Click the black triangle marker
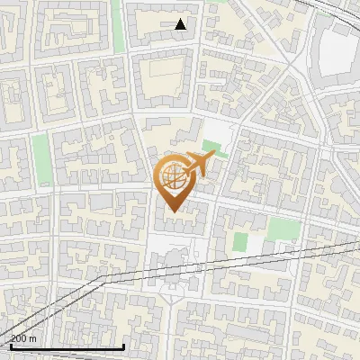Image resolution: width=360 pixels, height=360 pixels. pyautogui.click(x=181, y=24)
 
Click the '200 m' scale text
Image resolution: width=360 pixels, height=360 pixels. pyautogui.click(x=23, y=339)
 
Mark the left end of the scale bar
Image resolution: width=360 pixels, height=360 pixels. pyautogui.click(x=10, y=346)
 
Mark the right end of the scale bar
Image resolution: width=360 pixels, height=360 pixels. pyautogui.click(x=123, y=346)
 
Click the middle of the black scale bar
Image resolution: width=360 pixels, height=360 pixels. pyautogui.click(x=67, y=346)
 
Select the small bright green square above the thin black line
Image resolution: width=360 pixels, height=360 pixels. pyautogui.click(x=240, y=241)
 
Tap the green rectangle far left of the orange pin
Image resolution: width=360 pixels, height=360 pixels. pyautogui.click(x=41, y=148)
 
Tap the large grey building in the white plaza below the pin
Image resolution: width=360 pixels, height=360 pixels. pyautogui.click(x=174, y=262)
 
